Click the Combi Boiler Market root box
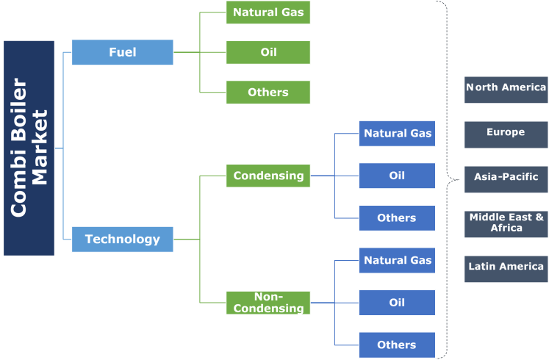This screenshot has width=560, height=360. pos(29,148)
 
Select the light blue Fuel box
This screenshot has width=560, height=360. pos(122,52)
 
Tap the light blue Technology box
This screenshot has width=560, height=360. pos(122,239)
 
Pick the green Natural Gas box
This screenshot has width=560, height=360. pos(268,12)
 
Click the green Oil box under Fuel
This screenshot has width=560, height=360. pos(268,52)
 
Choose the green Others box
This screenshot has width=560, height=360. pos(268,92)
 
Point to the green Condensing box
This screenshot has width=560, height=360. pos(268,176)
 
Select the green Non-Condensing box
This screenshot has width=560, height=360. pos(268,302)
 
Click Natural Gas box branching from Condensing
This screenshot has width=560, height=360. pos(397,133)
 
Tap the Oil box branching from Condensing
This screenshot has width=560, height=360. pos(397,176)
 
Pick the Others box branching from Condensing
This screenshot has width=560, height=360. pos(397,217)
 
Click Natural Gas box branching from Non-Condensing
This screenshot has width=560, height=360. pos(397,260)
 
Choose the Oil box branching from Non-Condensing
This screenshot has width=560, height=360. pos(397,302)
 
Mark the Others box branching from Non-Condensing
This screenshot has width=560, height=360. pos(397,345)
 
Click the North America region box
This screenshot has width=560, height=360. pos(506,89)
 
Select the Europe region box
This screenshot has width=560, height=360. pos(506,134)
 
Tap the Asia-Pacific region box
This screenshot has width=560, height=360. pos(506,178)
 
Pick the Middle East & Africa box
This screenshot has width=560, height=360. pos(506,223)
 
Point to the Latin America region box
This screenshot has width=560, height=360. pos(506,267)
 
